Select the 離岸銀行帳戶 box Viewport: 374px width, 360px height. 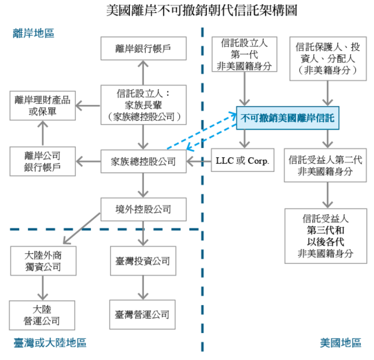143,48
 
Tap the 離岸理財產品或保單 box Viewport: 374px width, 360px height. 43,106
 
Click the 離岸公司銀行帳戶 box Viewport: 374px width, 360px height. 43,161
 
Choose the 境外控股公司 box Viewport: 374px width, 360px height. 143,209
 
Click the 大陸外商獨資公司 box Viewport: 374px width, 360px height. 43,261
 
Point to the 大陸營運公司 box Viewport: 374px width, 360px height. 43,315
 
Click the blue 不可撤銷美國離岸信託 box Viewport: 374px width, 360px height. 288,118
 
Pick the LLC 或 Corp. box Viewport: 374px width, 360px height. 243,160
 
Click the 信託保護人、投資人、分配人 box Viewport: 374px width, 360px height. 328,59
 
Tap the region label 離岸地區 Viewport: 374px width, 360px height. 34,33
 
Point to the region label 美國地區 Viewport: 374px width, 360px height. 341,343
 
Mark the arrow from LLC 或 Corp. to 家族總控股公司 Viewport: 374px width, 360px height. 199,161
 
